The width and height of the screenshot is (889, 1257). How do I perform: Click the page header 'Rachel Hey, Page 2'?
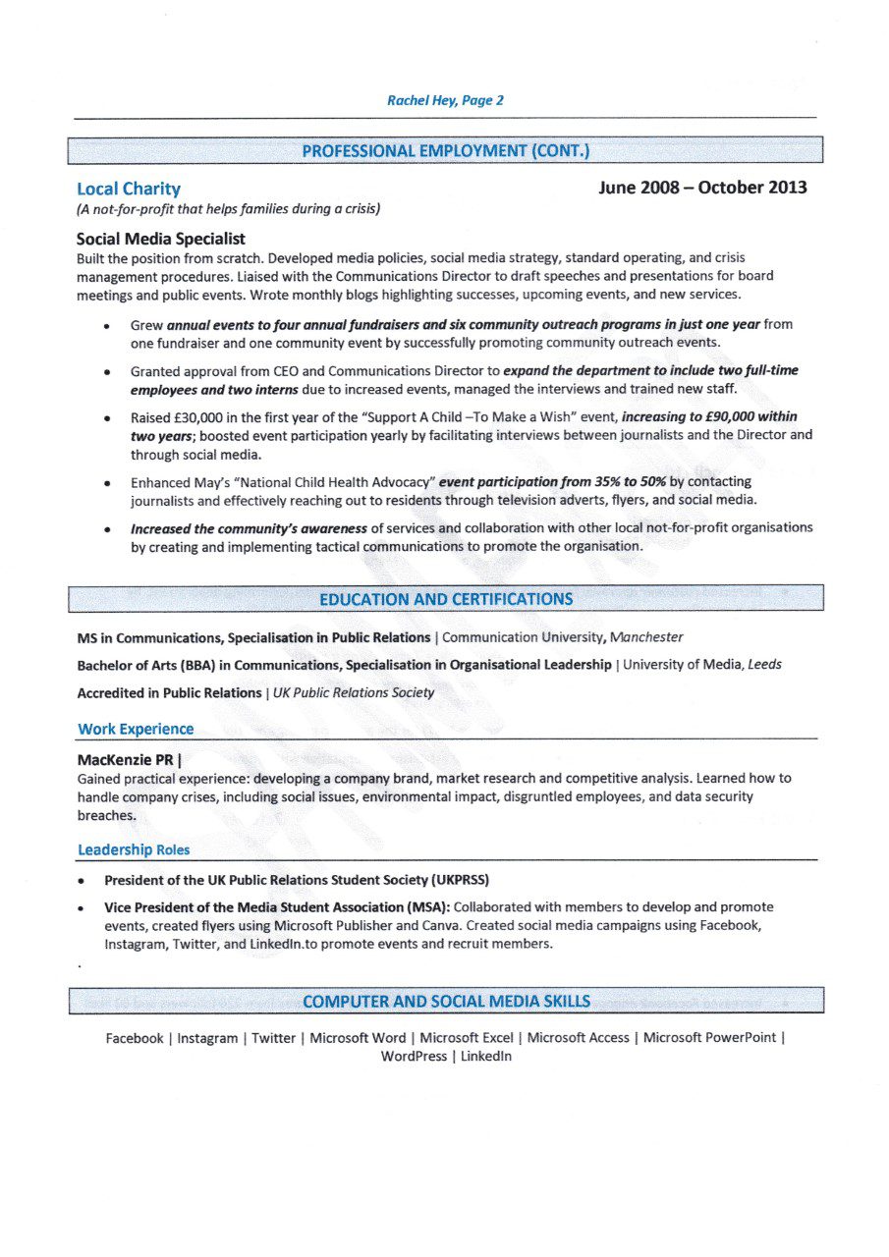click(x=445, y=100)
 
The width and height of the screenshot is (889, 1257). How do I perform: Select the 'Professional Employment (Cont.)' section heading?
click(x=445, y=151)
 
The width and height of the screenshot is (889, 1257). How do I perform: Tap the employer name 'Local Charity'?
click(x=129, y=189)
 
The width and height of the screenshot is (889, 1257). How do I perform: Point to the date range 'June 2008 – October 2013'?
click(x=702, y=188)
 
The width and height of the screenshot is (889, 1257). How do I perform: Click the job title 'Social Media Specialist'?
click(x=161, y=239)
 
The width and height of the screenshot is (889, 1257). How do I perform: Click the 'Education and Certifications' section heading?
click(x=445, y=599)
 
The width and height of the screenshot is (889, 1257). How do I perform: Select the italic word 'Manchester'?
click(x=646, y=638)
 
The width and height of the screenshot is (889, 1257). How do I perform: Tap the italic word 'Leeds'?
click(x=764, y=665)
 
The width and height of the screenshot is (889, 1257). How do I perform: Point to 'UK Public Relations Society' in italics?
click(x=354, y=692)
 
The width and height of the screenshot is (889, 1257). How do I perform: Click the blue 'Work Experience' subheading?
click(x=136, y=729)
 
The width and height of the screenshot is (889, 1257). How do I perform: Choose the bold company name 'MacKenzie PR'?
click(x=126, y=759)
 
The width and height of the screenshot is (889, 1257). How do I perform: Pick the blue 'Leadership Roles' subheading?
click(x=134, y=849)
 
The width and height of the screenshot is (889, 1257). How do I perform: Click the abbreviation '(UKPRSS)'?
click(x=454, y=880)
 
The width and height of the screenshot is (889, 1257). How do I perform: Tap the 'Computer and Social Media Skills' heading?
click(x=446, y=1002)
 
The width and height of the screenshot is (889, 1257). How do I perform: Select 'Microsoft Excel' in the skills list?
click(x=466, y=1038)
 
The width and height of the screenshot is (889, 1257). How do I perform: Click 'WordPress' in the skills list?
click(x=414, y=1057)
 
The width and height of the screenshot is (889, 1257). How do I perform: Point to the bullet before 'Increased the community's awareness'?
click(x=105, y=528)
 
